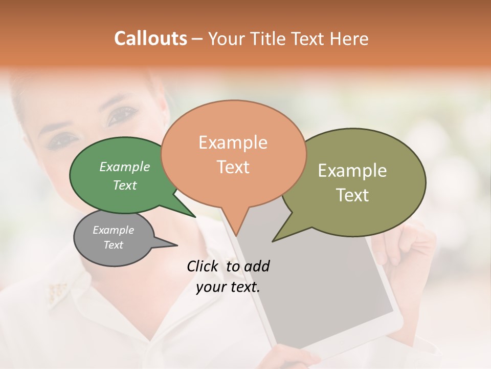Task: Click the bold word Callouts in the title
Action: (x=150, y=38)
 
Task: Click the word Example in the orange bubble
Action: (x=233, y=142)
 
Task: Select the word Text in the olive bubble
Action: (x=352, y=195)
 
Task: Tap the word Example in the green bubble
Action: (x=125, y=167)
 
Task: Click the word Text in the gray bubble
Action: (x=114, y=245)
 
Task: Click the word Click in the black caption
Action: (x=204, y=266)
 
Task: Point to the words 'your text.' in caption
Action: (x=228, y=287)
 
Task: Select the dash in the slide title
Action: (x=197, y=39)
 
